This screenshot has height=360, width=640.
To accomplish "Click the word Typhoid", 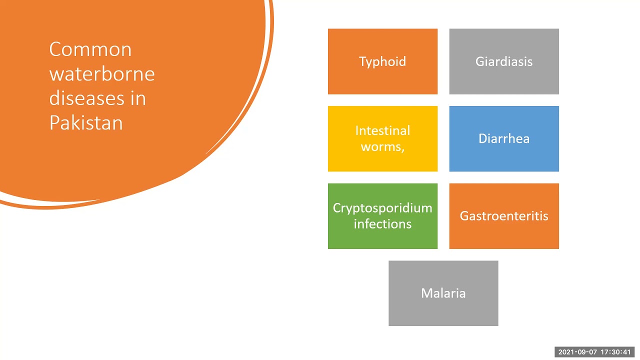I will pyautogui.click(x=382, y=61).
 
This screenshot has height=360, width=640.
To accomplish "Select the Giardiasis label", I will pyautogui.click(x=504, y=61).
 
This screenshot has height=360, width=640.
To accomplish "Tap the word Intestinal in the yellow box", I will pyautogui.click(x=382, y=130).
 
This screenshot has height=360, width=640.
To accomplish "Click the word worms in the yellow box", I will pyautogui.click(x=381, y=147).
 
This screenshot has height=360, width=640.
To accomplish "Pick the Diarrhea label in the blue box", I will pyautogui.click(x=504, y=138).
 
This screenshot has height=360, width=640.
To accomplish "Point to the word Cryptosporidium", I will pyautogui.click(x=382, y=208).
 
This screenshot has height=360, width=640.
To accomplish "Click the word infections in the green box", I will pyautogui.click(x=382, y=223).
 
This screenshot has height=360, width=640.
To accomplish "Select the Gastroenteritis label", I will pyautogui.click(x=504, y=216).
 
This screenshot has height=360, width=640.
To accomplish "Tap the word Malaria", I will pyautogui.click(x=443, y=293).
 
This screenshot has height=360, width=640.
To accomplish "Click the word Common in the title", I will pyautogui.click(x=90, y=49).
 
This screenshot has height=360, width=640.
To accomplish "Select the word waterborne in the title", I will pyautogui.click(x=102, y=74).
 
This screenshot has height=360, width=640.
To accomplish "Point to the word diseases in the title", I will pyautogui.click(x=83, y=98).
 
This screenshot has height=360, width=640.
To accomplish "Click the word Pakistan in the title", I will pyautogui.click(x=86, y=122).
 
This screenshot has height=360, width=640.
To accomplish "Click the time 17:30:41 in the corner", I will pyautogui.click(x=615, y=352).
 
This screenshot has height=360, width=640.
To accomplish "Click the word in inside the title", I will pyautogui.click(x=137, y=98).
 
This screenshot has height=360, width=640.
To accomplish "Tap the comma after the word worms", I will pyautogui.click(x=402, y=150).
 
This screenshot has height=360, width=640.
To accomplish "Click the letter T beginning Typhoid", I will pyautogui.click(x=362, y=61).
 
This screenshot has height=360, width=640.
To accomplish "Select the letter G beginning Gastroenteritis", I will pyautogui.click(x=463, y=216).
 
